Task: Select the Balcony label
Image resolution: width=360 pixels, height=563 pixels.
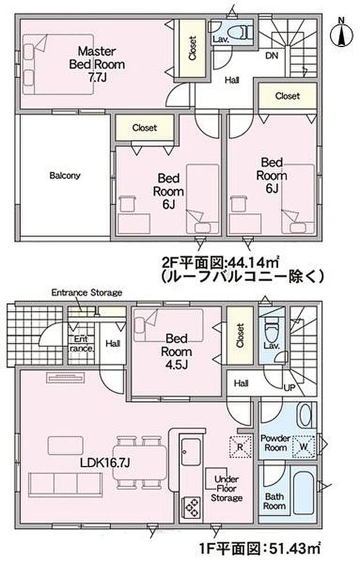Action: [64, 175]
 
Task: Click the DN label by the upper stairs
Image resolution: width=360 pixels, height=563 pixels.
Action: [271, 56]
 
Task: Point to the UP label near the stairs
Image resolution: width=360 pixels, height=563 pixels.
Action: [288, 387]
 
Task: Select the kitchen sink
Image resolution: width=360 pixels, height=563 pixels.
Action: [190, 453]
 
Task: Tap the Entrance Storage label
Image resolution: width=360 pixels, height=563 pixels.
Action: [87, 292]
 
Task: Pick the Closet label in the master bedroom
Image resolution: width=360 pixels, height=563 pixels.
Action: [192, 48]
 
